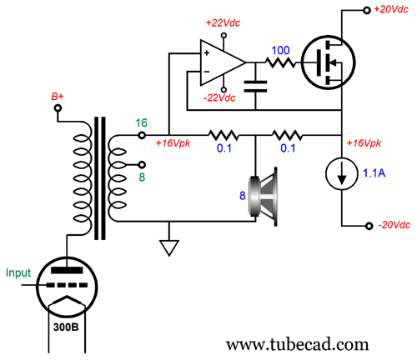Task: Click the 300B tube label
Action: pyautogui.click(x=66, y=327)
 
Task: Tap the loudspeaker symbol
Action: pyautogui.click(x=264, y=196)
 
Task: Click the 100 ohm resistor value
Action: pyautogui.click(x=280, y=50)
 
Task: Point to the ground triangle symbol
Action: pyautogui.click(x=169, y=247)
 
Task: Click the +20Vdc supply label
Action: pyautogui.click(x=391, y=9)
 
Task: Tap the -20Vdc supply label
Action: pyautogui.click(x=394, y=225)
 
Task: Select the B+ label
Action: pyautogui.click(x=58, y=97)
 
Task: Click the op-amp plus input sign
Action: pyautogui.click(x=207, y=52)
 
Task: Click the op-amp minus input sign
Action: pyautogui.click(x=207, y=72)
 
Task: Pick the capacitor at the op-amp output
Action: pyautogui.click(x=255, y=87)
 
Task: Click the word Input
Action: pyautogui.click(x=18, y=273)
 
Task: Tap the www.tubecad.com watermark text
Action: pyautogui.click(x=298, y=344)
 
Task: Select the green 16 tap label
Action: pyautogui.click(x=141, y=122)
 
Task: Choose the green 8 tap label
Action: pyautogui.click(x=142, y=177)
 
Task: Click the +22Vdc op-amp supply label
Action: pyautogui.click(x=223, y=22)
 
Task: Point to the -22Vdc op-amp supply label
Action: pyautogui.click(x=219, y=97)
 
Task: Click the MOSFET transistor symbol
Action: pyautogui.click(x=329, y=62)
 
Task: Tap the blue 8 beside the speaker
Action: pyautogui.click(x=243, y=196)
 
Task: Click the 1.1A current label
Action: pyautogui.click(x=374, y=173)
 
